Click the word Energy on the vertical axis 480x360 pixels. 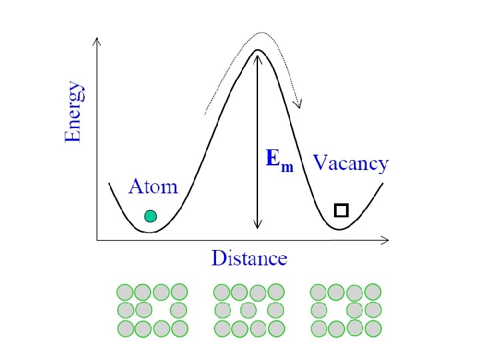74,111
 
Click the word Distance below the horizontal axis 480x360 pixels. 249,258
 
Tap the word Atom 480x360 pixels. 153,186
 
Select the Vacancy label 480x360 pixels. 351,163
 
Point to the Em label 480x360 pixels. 279,160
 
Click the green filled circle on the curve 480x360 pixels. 151,215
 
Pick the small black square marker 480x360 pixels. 341,211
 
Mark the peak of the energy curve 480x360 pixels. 258,50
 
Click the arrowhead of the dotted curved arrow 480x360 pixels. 299,105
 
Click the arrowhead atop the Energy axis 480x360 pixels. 97,41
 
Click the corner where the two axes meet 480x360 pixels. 97,239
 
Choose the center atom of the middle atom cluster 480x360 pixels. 248,310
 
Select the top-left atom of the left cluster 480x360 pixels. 125,292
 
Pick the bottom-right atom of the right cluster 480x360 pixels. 373,328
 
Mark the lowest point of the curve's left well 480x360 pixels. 151,232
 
